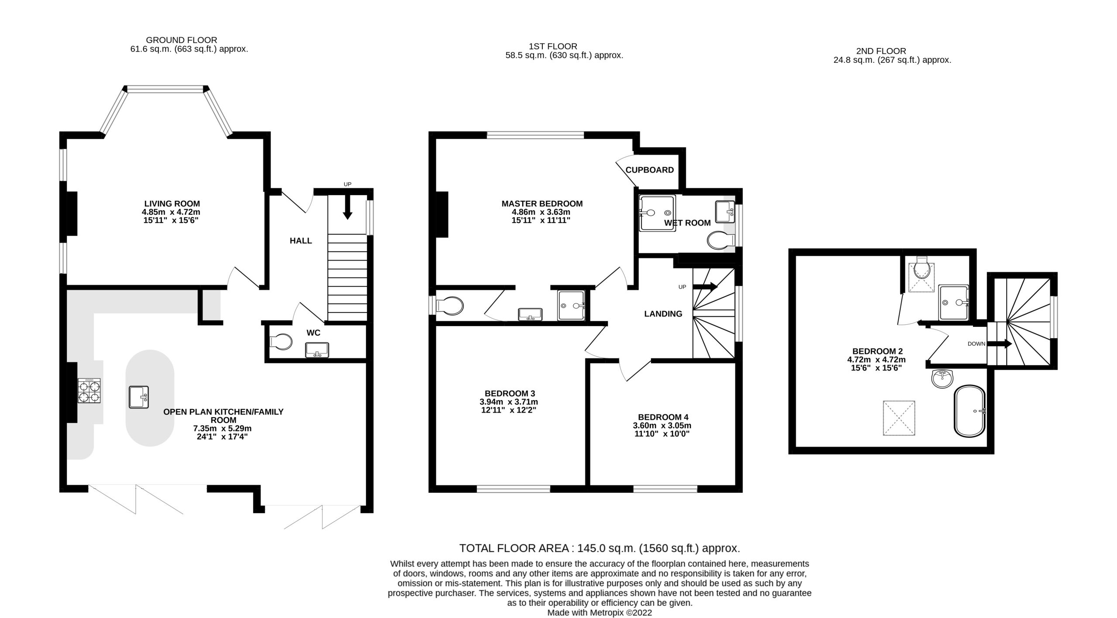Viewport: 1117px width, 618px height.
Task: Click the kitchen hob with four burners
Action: point(89,390)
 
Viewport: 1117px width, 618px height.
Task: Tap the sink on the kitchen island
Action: point(139,397)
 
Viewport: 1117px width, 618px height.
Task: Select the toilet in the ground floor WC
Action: point(280,342)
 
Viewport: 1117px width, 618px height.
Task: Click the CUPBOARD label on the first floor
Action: point(650,170)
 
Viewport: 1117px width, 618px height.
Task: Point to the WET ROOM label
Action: point(687,223)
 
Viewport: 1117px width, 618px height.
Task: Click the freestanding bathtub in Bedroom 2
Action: point(969,411)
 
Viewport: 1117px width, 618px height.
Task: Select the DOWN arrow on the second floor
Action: point(999,344)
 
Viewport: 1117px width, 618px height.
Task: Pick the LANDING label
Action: point(663,313)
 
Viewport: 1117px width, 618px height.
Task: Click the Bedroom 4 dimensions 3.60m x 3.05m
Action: point(662,426)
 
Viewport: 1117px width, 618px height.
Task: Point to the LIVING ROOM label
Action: point(172,203)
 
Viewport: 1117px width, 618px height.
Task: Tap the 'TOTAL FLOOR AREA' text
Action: point(514,548)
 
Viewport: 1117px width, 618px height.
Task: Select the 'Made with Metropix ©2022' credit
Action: point(600,612)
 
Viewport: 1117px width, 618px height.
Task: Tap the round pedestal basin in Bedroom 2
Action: point(942,378)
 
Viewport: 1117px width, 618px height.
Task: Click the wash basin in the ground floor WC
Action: point(317,350)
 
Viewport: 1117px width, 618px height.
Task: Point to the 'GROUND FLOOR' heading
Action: point(182,40)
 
